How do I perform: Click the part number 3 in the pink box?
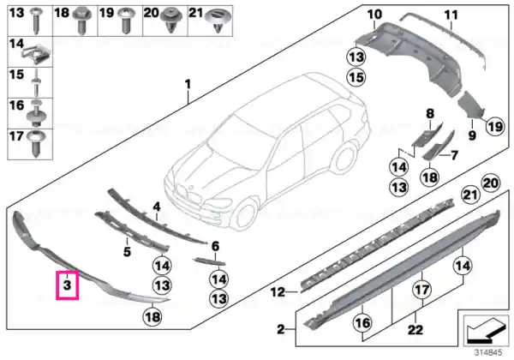pos(67,285)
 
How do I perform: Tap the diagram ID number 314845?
pos(489,353)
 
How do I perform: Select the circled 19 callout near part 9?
pos(495,126)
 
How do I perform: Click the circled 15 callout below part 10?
pos(356,77)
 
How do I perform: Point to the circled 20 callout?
pos(491,183)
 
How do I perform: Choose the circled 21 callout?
pos(470,195)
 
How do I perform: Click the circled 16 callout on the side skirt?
pos(362,323)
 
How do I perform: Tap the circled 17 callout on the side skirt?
pos(421,290)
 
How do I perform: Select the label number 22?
pos(415,329)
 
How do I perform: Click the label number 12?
pos(278,291)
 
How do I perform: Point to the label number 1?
pos(188,84)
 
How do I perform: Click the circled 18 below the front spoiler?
pos(152,317)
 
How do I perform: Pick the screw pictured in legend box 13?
pos(36,21)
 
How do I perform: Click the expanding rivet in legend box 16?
pos(36,113)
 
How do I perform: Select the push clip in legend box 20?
pos(171,21)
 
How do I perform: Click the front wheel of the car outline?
pos(244,213)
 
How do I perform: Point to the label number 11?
pos(451,15)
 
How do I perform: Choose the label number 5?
pos(127,252)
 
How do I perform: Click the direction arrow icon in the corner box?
pos(485,329)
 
